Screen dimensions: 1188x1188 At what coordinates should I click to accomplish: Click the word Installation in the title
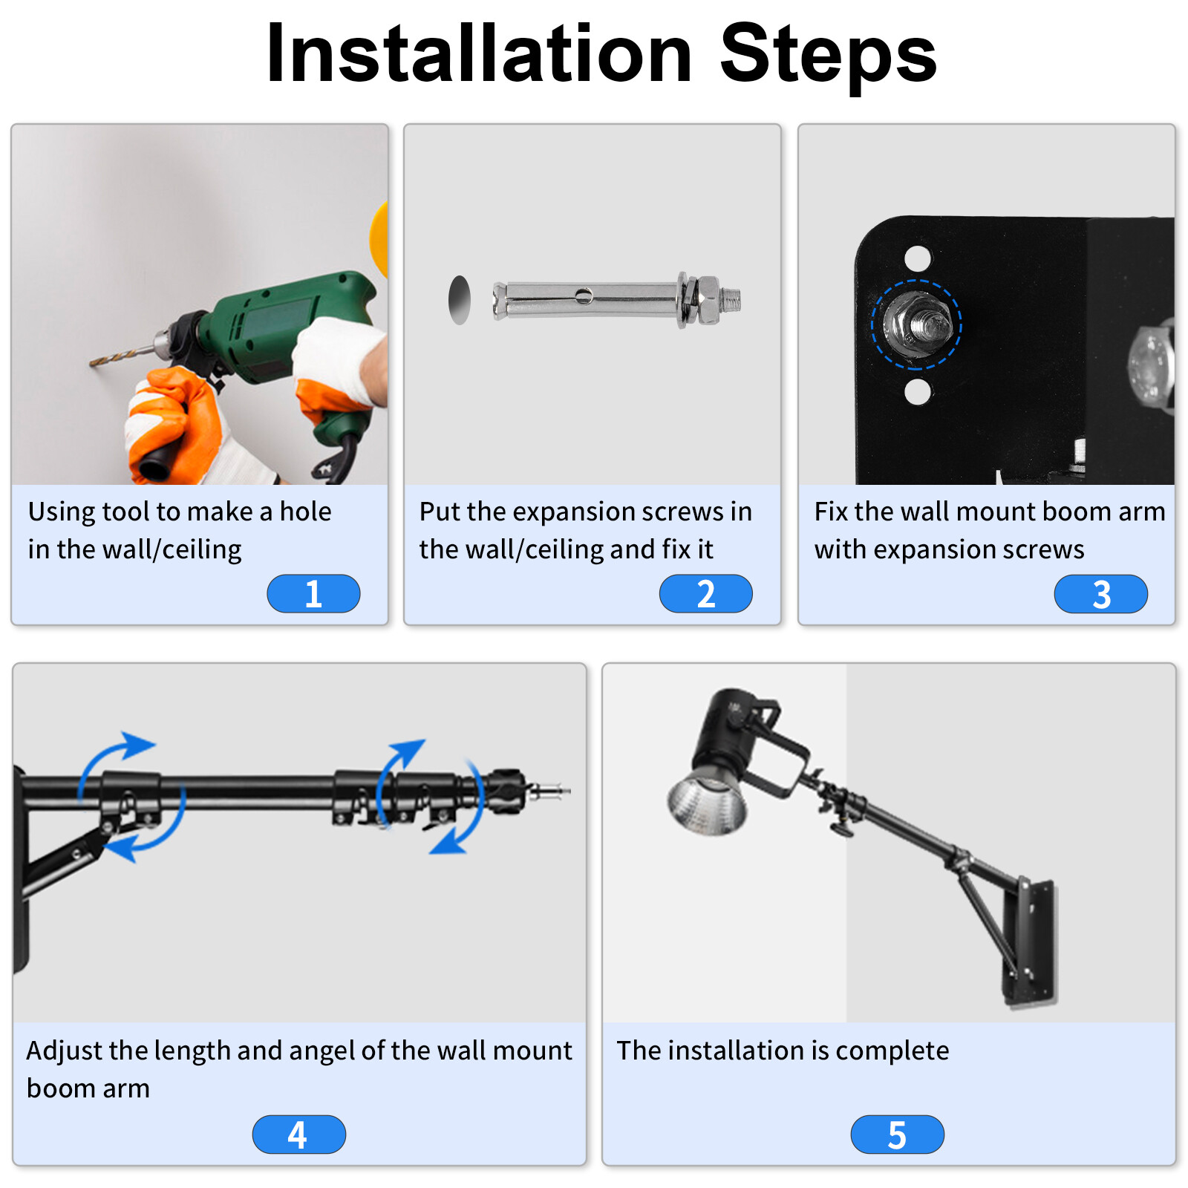point(480,53)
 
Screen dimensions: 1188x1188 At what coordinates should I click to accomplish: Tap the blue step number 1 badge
point(313,593)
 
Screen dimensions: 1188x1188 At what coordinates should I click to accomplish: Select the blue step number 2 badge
point(706,593)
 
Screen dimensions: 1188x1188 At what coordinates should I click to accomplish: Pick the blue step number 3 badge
point(1101,594)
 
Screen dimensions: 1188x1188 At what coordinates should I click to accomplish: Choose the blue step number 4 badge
point(299,1134)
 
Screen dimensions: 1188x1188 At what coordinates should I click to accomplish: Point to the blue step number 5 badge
point(898,1134)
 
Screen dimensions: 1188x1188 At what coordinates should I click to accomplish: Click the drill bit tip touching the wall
point(92,363)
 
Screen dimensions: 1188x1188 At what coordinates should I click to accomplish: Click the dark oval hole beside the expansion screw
point(460,300)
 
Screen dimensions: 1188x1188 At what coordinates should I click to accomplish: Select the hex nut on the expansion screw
point(708,300)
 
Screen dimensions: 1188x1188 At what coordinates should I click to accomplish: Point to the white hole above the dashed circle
point(918,258)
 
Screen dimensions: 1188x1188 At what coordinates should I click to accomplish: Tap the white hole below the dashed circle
point(918,391)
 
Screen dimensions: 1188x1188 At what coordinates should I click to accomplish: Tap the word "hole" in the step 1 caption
point(305,511)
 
